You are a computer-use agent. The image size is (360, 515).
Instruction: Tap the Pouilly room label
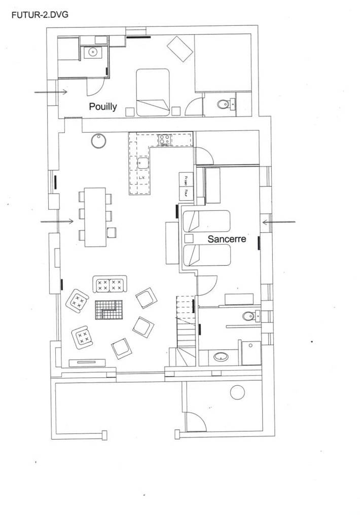103,106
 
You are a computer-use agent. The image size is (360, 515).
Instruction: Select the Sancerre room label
227,238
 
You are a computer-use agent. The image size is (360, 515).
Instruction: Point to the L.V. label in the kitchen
142,178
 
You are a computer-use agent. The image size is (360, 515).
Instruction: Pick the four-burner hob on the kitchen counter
164,139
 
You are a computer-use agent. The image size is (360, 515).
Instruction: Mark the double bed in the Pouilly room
153,92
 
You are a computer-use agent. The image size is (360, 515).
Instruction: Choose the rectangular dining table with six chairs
95,216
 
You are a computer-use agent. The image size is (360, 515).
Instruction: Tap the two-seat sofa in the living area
109,284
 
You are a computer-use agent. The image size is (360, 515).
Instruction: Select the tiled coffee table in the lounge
109,309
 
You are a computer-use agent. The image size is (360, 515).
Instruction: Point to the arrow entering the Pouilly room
51,92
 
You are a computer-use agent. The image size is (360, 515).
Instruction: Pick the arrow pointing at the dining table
57,221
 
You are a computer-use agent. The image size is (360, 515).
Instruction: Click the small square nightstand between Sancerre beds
189,238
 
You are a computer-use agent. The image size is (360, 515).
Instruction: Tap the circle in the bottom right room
237,392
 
